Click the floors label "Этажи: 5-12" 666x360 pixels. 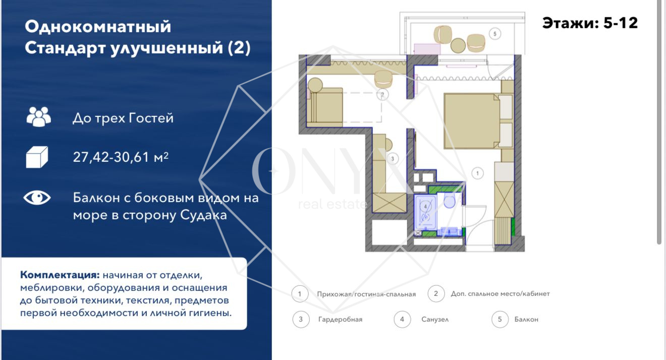click(590, 23)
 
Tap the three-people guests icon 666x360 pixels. click(39, 117)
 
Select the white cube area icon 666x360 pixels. click(37, 157)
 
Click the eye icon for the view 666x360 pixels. click(37, 198)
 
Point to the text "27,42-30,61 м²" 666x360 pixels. click(121, 157)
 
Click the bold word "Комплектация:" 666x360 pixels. click(60, 275)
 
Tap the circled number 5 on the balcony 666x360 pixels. click(495, 34)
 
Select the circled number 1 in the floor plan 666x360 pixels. click(477, 173)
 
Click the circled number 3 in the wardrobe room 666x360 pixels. click(393, 159)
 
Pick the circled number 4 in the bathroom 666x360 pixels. click(425, 206)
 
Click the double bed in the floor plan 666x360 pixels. click(478, 121)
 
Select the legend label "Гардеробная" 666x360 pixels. click(341, 319)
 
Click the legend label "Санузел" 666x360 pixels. click(435, 319)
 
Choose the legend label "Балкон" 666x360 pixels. click(526, 319)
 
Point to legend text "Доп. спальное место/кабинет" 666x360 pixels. click(501, 294)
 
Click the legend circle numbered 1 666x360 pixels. click(300, 294)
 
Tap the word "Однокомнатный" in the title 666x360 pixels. click(98, 27)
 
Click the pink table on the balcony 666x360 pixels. click(427, 49)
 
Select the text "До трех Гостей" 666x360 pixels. click(123, 118)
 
